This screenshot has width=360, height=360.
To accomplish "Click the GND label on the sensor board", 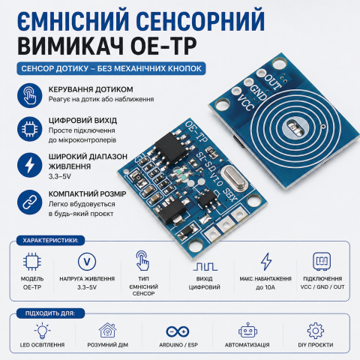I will click(x=255, y=90).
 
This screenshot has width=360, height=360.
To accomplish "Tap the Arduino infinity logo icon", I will click(x=178, y=331).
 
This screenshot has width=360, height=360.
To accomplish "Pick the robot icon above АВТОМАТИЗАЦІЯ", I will click(x=247, y=331).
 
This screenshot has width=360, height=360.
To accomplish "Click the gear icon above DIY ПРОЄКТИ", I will click(x=315, y=331).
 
